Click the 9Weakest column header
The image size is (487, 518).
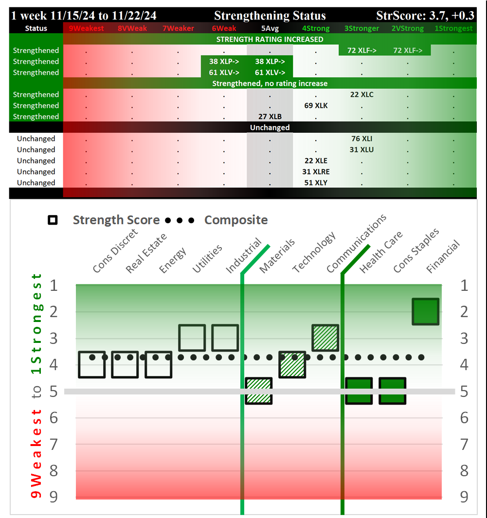click(86, 28)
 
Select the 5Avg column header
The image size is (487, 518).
click(270, 28)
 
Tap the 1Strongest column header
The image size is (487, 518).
click(453, 28)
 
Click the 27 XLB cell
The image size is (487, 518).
click(270, 117)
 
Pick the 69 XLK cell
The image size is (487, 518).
click(315, 106)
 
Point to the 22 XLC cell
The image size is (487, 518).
click(361, 94)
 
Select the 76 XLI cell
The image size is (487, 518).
click(361, 139)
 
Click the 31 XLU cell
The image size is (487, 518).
click(361, 150)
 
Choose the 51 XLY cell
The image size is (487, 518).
click(315, 183)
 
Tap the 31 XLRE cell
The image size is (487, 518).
click(315, 172)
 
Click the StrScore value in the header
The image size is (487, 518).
click(425, 16)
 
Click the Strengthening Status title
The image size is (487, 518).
click(270, 16)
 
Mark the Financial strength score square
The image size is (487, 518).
click(426, 311)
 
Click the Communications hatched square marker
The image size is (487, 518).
click(325, 338)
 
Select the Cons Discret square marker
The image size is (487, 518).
click(91, 364)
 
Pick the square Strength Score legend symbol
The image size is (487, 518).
click(53, 220)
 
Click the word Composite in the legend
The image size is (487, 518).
click(236, 220)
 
